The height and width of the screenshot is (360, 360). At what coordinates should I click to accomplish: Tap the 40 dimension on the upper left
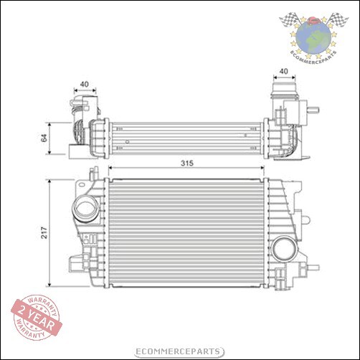tap(85, 85)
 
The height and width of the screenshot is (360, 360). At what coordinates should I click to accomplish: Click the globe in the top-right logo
tap(313, 34)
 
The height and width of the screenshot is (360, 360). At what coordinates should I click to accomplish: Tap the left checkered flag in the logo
tap(290, 20)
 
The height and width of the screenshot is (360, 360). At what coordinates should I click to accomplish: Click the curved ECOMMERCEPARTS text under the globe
tap(313, 55)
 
